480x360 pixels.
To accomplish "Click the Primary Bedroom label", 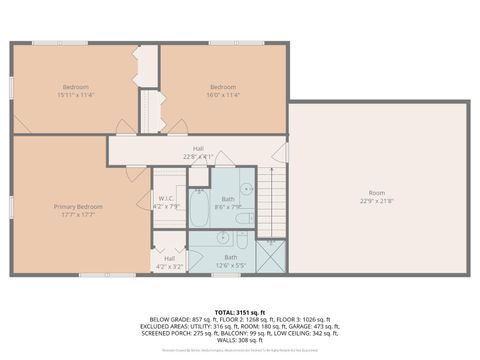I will tap(78, 206).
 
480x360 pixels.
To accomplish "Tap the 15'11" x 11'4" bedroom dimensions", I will tap(76, 96).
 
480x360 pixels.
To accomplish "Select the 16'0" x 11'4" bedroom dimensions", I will tap(224, 96).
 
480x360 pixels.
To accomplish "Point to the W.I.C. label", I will tap(166, 198).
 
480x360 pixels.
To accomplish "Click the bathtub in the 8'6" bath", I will tap(198, 209).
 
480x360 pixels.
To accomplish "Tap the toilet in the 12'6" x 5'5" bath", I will tap(242, 241).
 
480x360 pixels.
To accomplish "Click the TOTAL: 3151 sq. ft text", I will tap(239, 311).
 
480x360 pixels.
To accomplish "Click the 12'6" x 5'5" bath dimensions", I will tap(230, 264).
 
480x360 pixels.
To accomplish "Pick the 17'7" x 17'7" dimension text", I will tap(78, 214).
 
